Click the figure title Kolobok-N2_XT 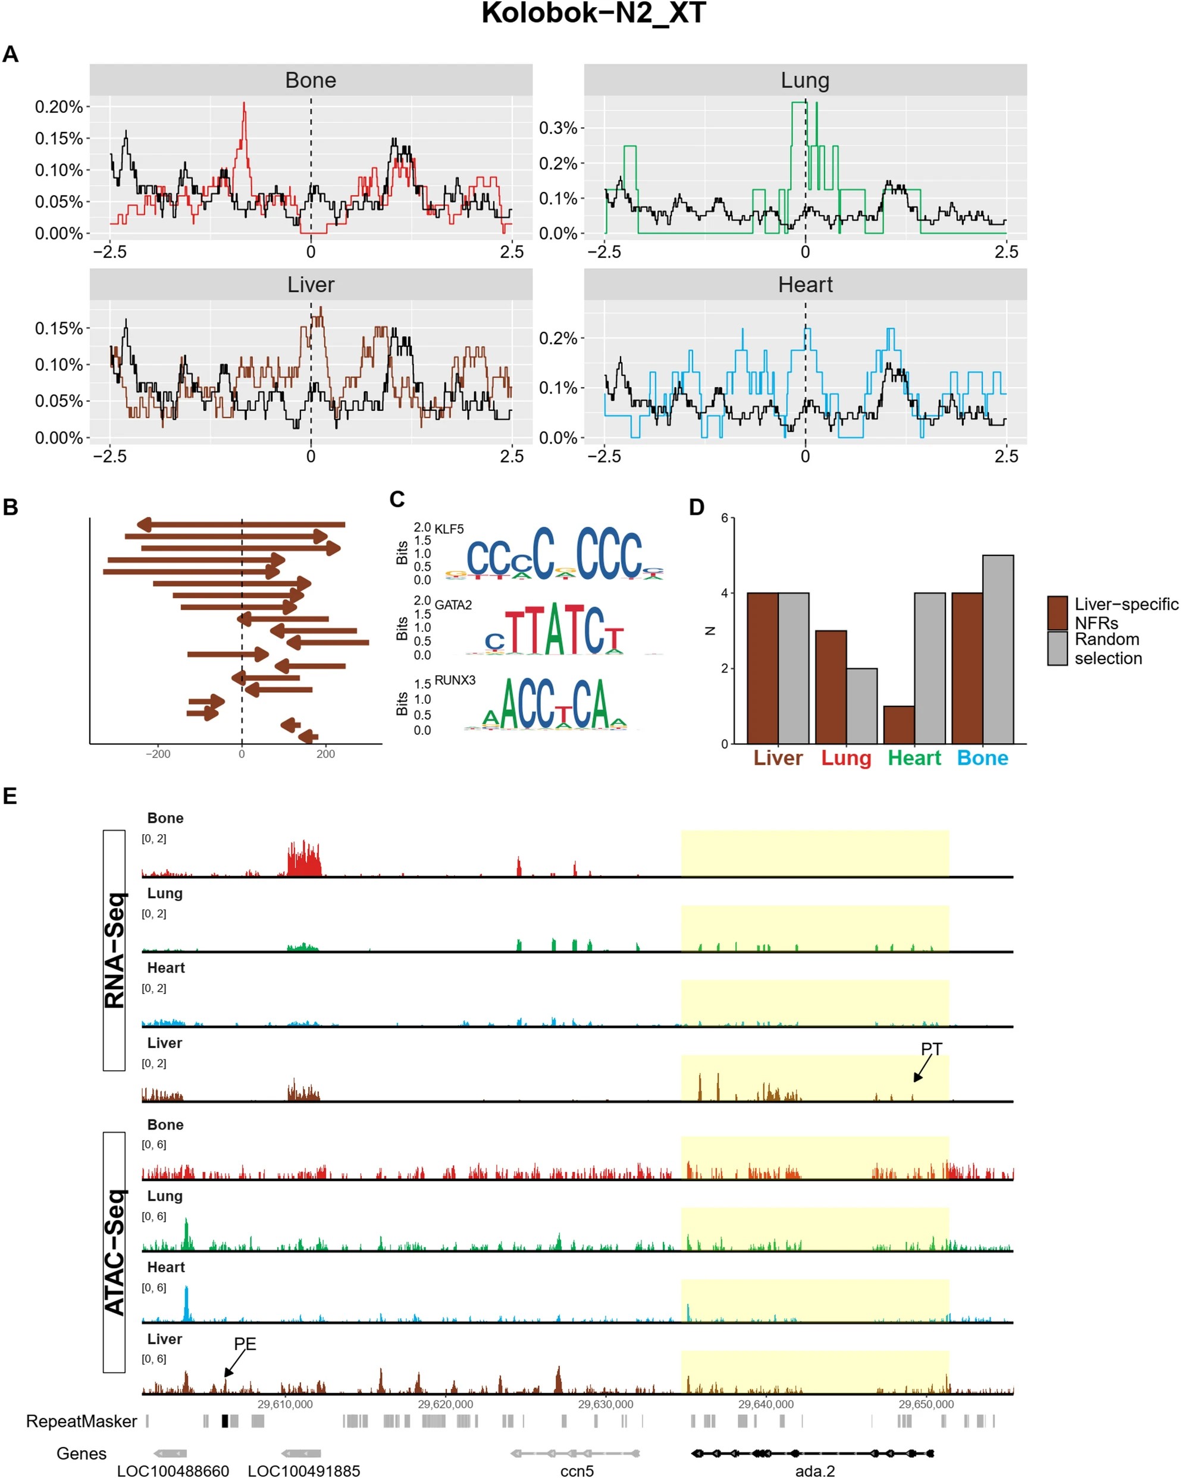593,14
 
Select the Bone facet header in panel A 311,80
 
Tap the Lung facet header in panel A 804,80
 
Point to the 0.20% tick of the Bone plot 59,107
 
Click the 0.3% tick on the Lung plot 557,128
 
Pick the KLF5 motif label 449,529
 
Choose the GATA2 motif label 453,605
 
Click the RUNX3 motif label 454,680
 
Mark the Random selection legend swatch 1057,648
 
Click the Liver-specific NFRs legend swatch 1057,613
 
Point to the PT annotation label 931,1049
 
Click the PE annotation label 245,1344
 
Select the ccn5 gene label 577,1470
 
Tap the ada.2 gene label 815,1470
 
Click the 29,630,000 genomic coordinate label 605,1404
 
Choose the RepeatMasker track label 81,1421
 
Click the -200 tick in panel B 158,754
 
